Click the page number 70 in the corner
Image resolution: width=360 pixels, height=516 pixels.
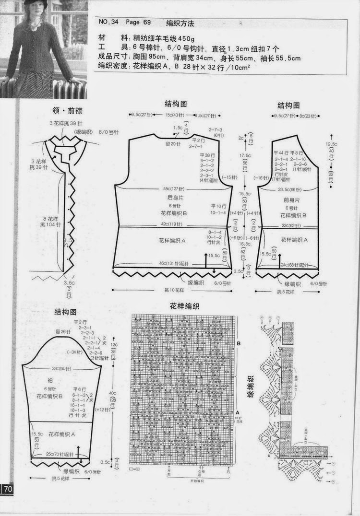(9, 489)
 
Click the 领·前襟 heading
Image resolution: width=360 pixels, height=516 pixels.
(68, 110)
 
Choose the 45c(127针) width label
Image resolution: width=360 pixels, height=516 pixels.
(173, 188)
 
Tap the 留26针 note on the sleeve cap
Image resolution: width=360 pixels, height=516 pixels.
(62, 331)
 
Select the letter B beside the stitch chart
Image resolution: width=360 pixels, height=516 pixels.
(238, 343)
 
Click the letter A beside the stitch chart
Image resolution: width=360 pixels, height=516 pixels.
(238, 412)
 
